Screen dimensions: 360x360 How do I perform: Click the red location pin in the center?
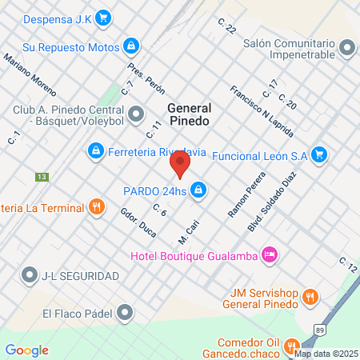(x=181, y=166)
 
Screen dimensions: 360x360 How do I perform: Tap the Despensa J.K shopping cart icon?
(x=103, y=18)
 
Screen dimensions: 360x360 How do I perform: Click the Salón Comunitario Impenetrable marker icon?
(x=346, y=50)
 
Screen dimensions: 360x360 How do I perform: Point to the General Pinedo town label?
(x=190, y=114)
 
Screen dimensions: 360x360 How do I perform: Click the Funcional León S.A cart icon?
(x=319, y=154)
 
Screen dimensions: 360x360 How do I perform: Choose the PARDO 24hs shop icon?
(x=198, y=190)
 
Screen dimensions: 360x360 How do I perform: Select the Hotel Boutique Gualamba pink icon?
(x=270, y=254)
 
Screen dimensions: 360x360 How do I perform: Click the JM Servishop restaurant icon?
(x=310, y=298)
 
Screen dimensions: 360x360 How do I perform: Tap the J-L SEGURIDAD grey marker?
(x=30, y=276)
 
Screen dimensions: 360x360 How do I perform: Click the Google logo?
(x=26, y=350)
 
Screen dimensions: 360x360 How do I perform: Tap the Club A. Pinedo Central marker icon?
(x=137, y=114)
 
